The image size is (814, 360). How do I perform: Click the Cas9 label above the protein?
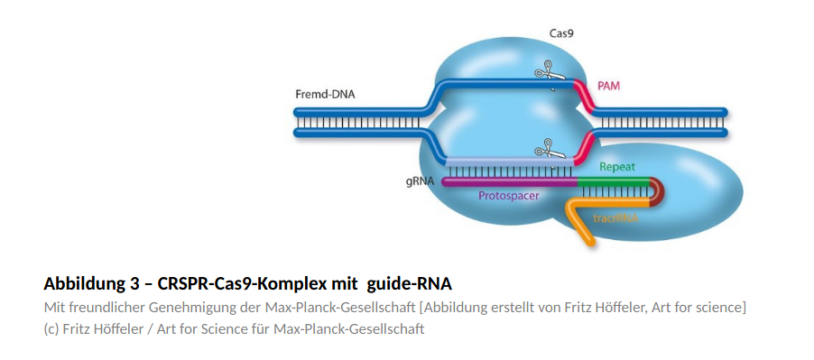coord(561,33)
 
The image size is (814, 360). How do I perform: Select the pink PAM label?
coord(608,86)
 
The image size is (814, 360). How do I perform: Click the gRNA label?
coord(420,182)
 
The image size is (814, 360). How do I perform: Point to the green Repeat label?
coord(617,167)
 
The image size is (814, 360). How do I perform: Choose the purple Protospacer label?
coord(509,196)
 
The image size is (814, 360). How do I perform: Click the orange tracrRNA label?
coord(615,218)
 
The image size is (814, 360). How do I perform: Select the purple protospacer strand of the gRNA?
coord(509,182)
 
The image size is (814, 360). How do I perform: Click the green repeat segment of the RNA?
coord(614,182)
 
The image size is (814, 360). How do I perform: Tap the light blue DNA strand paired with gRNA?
coord(510,162)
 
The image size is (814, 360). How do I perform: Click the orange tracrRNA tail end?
coord(589,241)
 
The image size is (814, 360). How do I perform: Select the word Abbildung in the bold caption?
coord(82,284)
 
